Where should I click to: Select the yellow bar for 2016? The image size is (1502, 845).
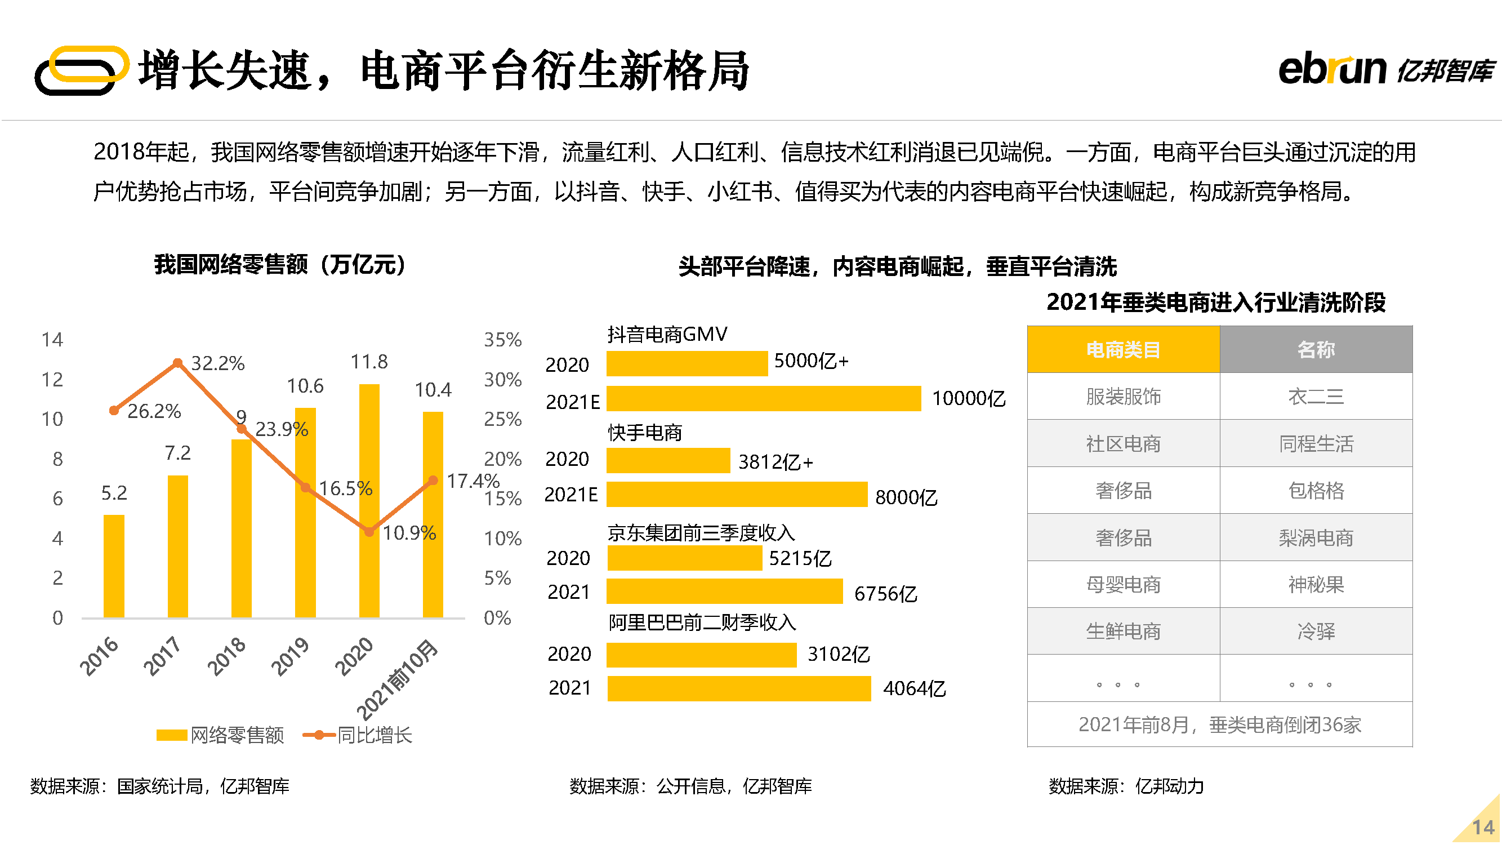point(114,565)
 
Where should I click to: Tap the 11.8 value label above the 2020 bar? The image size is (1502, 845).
point(368,362)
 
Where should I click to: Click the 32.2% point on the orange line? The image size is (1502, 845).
point(178,363)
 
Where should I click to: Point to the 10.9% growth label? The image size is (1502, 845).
point(409,532)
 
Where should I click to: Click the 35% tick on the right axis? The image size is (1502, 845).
point(502,339)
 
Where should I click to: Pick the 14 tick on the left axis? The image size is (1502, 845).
point(52,339)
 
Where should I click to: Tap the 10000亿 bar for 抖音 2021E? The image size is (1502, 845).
point(763,398)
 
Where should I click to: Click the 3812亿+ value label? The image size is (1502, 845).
point(775,462)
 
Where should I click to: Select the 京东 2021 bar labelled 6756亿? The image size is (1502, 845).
point(724,591)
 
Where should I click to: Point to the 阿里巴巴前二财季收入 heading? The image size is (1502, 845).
point(702,622)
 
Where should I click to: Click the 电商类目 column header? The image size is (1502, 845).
point(1123,349)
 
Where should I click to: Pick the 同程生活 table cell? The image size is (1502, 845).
point(1316,444)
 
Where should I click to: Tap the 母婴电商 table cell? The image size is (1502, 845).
point(1123,584)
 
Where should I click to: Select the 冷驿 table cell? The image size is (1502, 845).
point(1316,631)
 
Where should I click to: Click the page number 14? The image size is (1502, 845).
point(1483,827)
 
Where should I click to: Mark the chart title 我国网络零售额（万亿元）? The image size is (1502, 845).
point(280,265)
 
